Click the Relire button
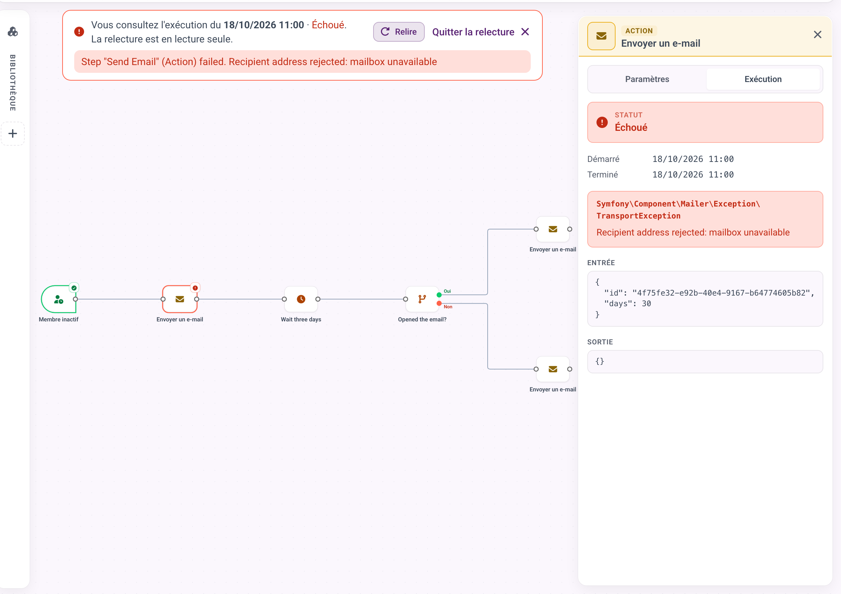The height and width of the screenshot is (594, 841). tap(399, 32)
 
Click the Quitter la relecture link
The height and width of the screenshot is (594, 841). tap(481, 32)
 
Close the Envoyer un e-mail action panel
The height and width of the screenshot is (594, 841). tap(817, 34)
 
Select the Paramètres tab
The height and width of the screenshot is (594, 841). tap(647, 79)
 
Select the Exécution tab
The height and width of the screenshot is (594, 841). tap(763, 79)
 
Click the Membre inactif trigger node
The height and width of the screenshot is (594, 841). tap(59, 299)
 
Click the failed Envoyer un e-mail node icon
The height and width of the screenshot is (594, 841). tap(180, 299)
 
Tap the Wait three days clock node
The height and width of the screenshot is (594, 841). tap(301, 299)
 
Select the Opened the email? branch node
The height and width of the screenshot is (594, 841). tap(422, 299)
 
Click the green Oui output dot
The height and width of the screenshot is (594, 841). tap(439, 295)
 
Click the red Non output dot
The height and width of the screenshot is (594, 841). tap(439, 303)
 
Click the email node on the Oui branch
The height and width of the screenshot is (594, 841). tap(552, 229)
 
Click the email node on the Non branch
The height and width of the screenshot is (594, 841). tap(552, 369)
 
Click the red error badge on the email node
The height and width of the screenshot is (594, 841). tap(195, 288)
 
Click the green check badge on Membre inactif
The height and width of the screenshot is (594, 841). tap(74, 288)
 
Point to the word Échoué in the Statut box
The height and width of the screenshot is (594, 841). tap(631, 128)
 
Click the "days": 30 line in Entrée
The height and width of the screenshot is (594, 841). tap(628, 304)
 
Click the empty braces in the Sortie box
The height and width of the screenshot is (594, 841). tap(600, 361)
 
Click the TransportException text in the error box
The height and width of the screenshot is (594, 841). tap(638, 216)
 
